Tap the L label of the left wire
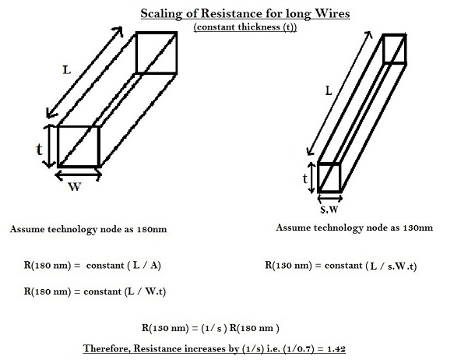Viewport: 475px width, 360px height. (x=68, y=70)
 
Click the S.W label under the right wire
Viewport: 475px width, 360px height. (x=330, y=209)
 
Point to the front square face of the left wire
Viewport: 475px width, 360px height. (x=78, y=146)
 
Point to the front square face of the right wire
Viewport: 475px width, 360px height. (x=329, y=178)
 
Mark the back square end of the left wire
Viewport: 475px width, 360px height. (x=157, y=52)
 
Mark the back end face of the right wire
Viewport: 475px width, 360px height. (x=395, y=48)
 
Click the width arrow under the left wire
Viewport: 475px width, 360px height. (x=77, y=175)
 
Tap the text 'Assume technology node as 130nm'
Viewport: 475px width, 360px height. (x=354, y=228)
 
